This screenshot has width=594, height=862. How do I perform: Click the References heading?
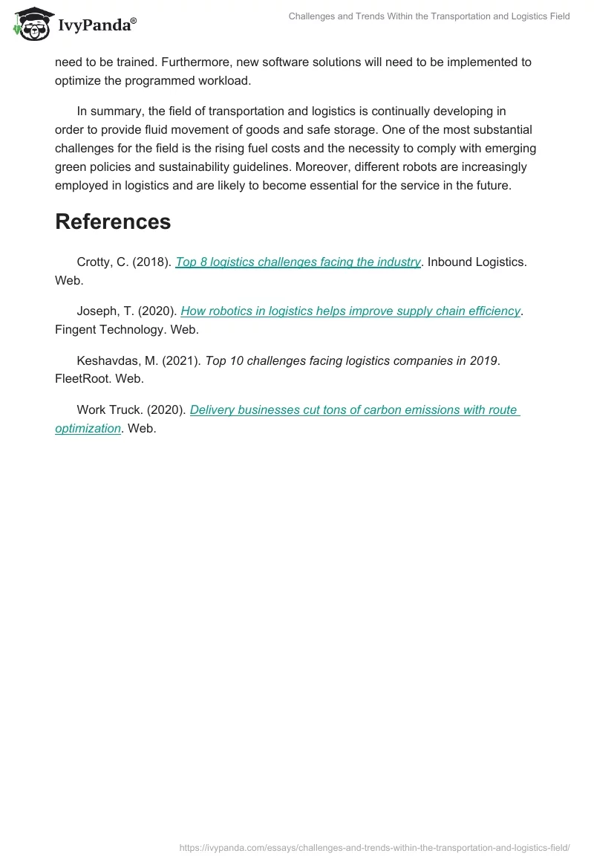tap(113, 221)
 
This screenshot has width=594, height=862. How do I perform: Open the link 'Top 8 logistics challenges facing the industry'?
tap(298, 262)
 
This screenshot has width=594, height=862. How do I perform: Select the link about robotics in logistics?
tap(350, 311)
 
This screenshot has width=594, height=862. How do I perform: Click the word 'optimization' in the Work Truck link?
tap(88, 428)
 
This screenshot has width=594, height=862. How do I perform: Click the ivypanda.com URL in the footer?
tap(374, 846)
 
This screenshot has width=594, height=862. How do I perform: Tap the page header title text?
tap(429, 16)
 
